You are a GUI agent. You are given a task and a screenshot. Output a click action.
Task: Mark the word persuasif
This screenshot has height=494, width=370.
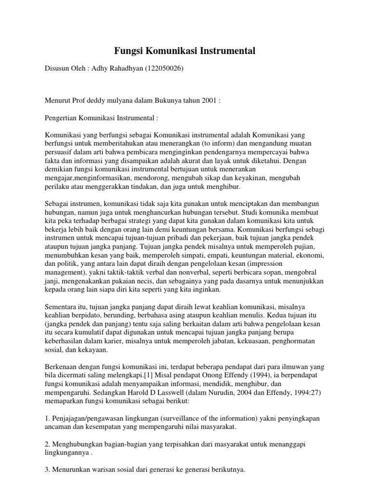pyautogui.click(x=60, y=152)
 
